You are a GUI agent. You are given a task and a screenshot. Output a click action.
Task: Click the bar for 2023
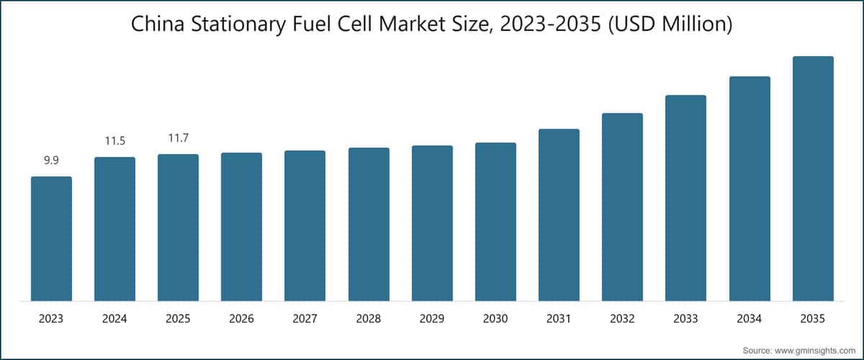pyautogui.click(x=51, y=238)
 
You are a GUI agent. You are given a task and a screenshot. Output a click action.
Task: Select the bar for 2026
pyautogui.click(x=241, y=227)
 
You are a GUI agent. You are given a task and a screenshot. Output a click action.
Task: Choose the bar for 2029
pyautogui.click(x=432, y=223)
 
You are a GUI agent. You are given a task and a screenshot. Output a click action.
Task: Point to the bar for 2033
pyautogui.click(x=685, y=198)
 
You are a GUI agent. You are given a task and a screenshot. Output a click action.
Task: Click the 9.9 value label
pyautogui.click(x=51, y=161)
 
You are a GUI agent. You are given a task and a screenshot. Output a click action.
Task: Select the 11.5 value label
pyautogui.click(x=114, y=141)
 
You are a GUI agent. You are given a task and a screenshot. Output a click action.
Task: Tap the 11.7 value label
pyautogui.click(x=178, y=138)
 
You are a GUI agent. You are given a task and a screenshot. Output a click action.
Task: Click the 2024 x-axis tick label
pyautogui.click(x=114, y=318)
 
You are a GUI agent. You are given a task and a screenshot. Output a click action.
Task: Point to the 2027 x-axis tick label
pyautogui.click(x=305, y=318)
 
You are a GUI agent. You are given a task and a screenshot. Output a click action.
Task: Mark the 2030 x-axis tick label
pyautogui.click(x=495, y=318)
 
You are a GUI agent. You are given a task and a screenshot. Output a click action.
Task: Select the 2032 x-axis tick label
pyautogui.click(x=622, y=318)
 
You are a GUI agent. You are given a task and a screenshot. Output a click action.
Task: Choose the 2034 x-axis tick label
pyautogui.click(x=750, y=318)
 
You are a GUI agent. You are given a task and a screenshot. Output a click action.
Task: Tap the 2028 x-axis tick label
pyautogui.click(x=369, y=318)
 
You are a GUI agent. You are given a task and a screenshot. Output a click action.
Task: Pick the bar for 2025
pyautogui.click(x=178, y=228)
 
